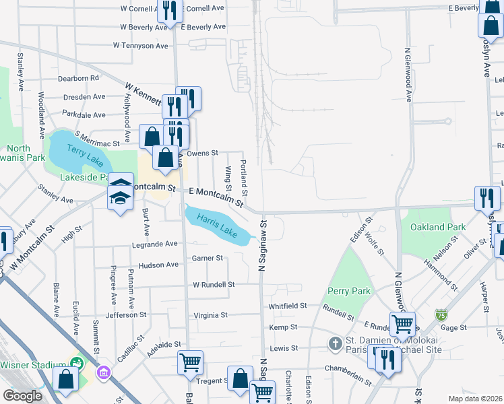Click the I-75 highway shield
[x=441, y=314]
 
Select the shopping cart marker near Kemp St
[x=402, y=324]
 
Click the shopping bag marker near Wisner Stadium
[x=65, y=378]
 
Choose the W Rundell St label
[x=214, y=285]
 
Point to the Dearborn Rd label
[x=78, y=78]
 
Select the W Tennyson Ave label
[x=140, y=46]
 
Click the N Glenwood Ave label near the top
[x=408, y=74]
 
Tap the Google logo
[x=22, y=396]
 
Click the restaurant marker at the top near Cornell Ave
[x=169, y=10]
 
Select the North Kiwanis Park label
[x=26, y=153]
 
